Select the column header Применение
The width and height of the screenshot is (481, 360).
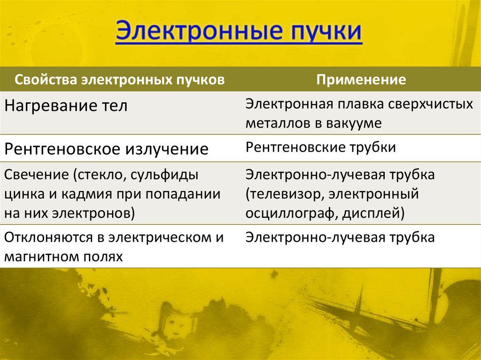[361, 79]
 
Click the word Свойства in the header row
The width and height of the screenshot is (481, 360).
[47, 79]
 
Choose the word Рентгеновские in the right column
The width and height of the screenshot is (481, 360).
[294, 147]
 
